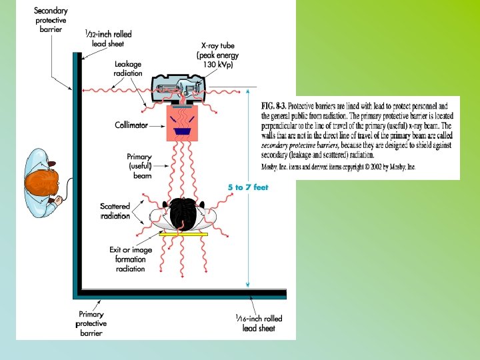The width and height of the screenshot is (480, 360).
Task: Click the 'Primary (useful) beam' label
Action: tap(141, 167)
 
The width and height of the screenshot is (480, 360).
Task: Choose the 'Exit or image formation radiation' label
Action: tap(131, 259)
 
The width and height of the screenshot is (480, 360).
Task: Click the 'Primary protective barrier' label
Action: tap(91, 323)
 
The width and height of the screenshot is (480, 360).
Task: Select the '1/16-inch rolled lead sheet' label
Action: tap(259, 323)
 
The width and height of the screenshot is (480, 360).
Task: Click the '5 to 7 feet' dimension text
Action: tap(248, 187)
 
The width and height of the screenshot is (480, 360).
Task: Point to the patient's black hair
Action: tap(181, 213)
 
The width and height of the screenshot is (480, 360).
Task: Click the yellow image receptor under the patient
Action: tap(183, 235)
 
